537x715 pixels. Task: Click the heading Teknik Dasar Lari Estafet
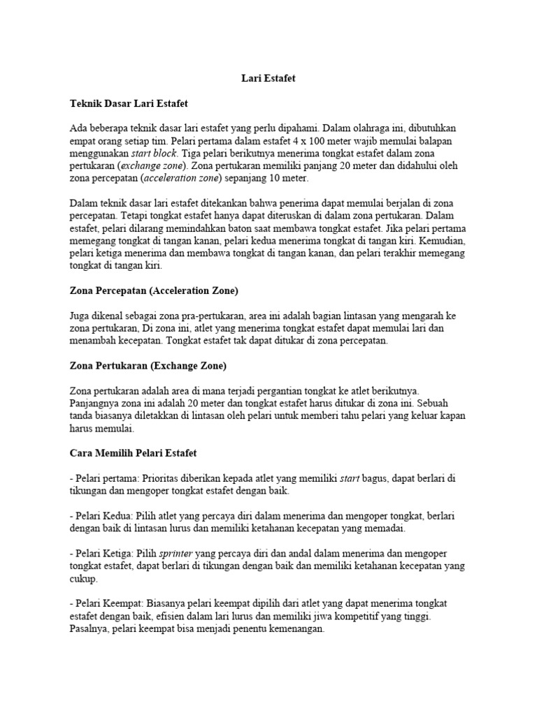pyautogui.click(x=130, y=103)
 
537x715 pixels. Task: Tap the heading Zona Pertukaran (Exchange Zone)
pyautogui.click(x=148, y=365)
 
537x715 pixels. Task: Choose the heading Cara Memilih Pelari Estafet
pyautogui.click(x=134, y=454)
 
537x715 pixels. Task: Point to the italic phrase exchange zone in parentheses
pyautogui.click(x=154, y=165)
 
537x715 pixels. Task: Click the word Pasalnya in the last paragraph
pyautogui.click(x=89, y=629)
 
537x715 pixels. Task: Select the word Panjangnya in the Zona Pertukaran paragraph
pyautogui.click(x=95, y=403)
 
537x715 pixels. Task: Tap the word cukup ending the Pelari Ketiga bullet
pyautogui.click(x=85, y=578)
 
